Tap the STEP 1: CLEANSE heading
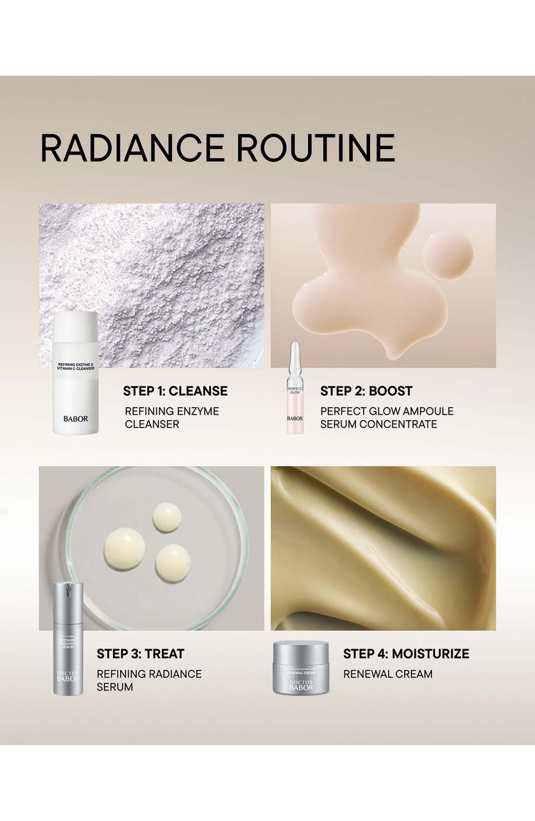pyautogui.click(x=175, y=391)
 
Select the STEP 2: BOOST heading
pyautogui.click(x=366, y=391)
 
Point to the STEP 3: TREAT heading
pyautogui.click(x=140, y=654)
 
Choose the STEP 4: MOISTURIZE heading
pyautogui.click(x=406, y=654)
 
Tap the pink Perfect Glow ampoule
pyautogui.click(x=294, y=391)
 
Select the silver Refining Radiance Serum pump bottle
pyautogui.click(x=68, y=638)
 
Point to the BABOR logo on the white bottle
pyautogui.click(x=75, y=418)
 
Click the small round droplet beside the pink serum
pyautogui.click(x=447, y=254)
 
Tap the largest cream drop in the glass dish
pyautogui.click(x=124, y=548)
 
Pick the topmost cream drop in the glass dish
pyautogui.click(x=167, y=517)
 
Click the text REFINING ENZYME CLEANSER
pyautogui.click(x=171, y=417)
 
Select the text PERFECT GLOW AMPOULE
pyautogui.click(x=387, y=411)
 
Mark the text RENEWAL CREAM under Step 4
pyautogui.click(x=388, y=674)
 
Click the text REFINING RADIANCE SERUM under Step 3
pyautogui.click(x=149, y=680)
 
